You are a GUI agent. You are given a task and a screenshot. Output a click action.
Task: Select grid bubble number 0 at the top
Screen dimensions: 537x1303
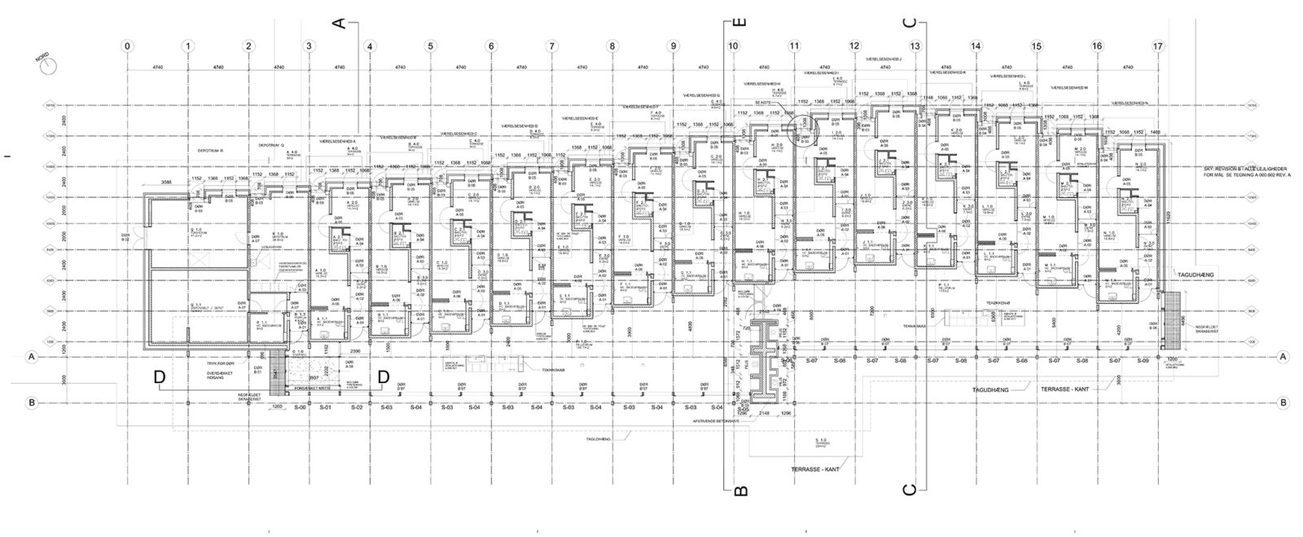[x=127, y=46]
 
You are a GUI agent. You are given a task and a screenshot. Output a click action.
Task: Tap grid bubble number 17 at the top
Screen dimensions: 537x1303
[x=1158, y=46]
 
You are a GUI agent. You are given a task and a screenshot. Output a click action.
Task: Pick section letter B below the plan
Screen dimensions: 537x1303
[x=739, y=490]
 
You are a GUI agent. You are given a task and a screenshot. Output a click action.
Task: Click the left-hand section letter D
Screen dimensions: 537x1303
[x=160, y=376]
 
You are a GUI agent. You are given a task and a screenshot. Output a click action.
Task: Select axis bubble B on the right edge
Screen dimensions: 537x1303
[x=1283, y=403]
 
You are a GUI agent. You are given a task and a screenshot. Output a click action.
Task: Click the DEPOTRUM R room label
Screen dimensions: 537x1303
[x=210, y=152]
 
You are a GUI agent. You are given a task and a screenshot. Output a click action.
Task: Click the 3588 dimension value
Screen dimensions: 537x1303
[x=166, y=183]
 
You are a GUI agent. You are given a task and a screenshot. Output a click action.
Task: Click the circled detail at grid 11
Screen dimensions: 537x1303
[x=801, y=127]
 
